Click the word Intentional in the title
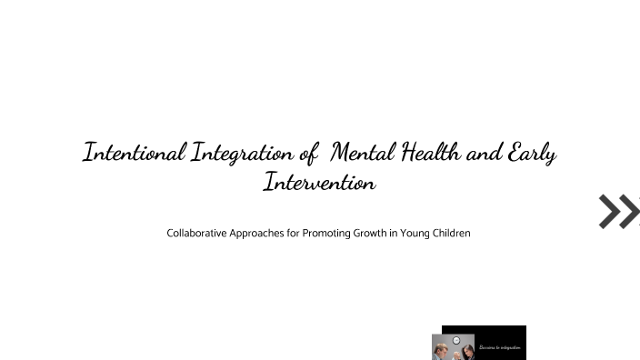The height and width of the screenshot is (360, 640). point(135,152)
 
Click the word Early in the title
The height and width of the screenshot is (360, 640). point(533,152)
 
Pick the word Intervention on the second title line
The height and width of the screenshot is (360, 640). point(319,183)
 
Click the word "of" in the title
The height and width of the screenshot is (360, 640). point(307,152)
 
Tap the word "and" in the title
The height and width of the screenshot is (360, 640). point(485,152)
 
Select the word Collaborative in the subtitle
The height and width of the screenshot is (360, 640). point(197,234)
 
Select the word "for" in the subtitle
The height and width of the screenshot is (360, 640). point(300,234)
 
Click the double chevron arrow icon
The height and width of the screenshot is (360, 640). point(619,211)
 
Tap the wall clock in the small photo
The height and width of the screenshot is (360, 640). point(456,340)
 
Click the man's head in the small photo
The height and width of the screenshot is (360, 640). point(443,348)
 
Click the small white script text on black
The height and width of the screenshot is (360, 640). point(499,347)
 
